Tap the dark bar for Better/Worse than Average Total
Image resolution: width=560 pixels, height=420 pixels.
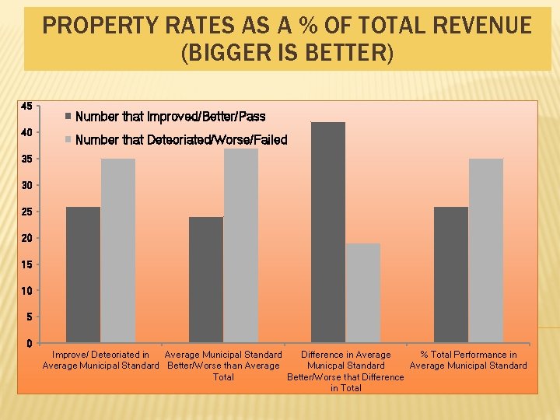[x=206, y=280]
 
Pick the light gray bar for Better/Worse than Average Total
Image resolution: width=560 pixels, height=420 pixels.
[x=241, y=246]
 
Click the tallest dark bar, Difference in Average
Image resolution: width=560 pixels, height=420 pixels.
[x=328, y=233]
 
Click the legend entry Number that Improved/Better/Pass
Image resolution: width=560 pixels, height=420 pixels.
[x=170, y=117]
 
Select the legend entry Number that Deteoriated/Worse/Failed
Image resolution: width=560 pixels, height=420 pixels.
[x=181, y=140]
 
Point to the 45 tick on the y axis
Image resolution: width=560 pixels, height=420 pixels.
[x=26, y=106]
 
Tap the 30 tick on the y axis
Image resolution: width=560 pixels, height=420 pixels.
[x=26, y=185]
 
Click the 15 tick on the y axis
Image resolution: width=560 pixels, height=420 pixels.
[x=26, y=264]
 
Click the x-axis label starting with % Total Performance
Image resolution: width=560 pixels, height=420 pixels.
[x=468, y=360]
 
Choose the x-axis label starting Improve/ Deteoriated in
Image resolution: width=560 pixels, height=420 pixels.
[x=100, y=360]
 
